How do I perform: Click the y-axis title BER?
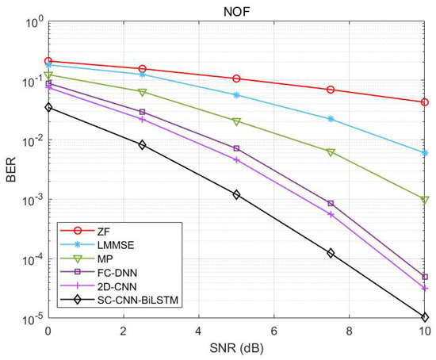pos(10,170)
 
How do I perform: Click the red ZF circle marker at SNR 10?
pos(425,102)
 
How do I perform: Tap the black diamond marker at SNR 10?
pos(425,317)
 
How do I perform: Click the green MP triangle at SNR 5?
pos(236,121)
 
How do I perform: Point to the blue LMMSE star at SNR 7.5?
pos(331,119)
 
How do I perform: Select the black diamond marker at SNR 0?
pos(48,107)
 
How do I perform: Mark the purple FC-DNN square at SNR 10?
pos(425,277)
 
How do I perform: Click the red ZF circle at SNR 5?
pos(236,79)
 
